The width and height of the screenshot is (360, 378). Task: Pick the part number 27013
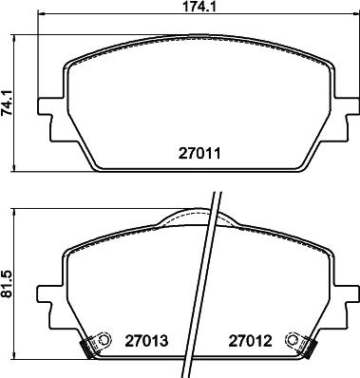point(144,339)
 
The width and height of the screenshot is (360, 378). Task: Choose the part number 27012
point(249,339)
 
